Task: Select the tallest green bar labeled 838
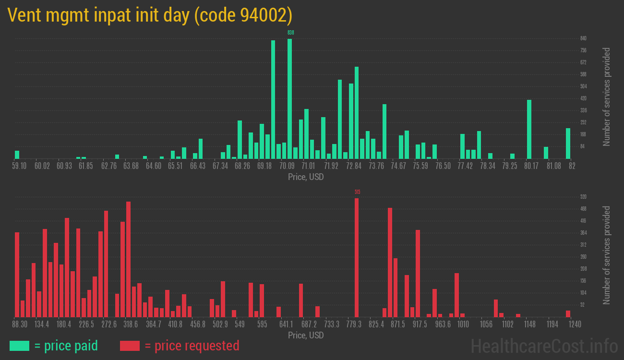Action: [x=289, y=98]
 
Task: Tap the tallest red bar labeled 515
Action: [x=357, y=257]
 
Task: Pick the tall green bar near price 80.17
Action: [x=529, y=129]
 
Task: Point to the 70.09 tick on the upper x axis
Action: [x=287, y=166]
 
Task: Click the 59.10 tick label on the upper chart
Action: [x=19, y=166]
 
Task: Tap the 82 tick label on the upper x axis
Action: [x=572, y=166]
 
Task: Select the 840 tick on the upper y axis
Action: [x=583, y=38]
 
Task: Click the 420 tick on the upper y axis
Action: [x=583, y=98]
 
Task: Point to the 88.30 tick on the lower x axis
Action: [x=19, y=324]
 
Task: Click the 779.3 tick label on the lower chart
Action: [x=354, y=324]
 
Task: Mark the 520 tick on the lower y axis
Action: [x=583, y=197]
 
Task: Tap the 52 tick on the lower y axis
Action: [x=582, y=305]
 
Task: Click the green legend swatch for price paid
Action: [x=19, y=346]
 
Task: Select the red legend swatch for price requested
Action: [x=130, y=346]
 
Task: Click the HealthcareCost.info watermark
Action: [x=544, y=346]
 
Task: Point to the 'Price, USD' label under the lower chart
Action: [x=306, y=335]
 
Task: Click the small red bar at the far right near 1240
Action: [x=568, y=313]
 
